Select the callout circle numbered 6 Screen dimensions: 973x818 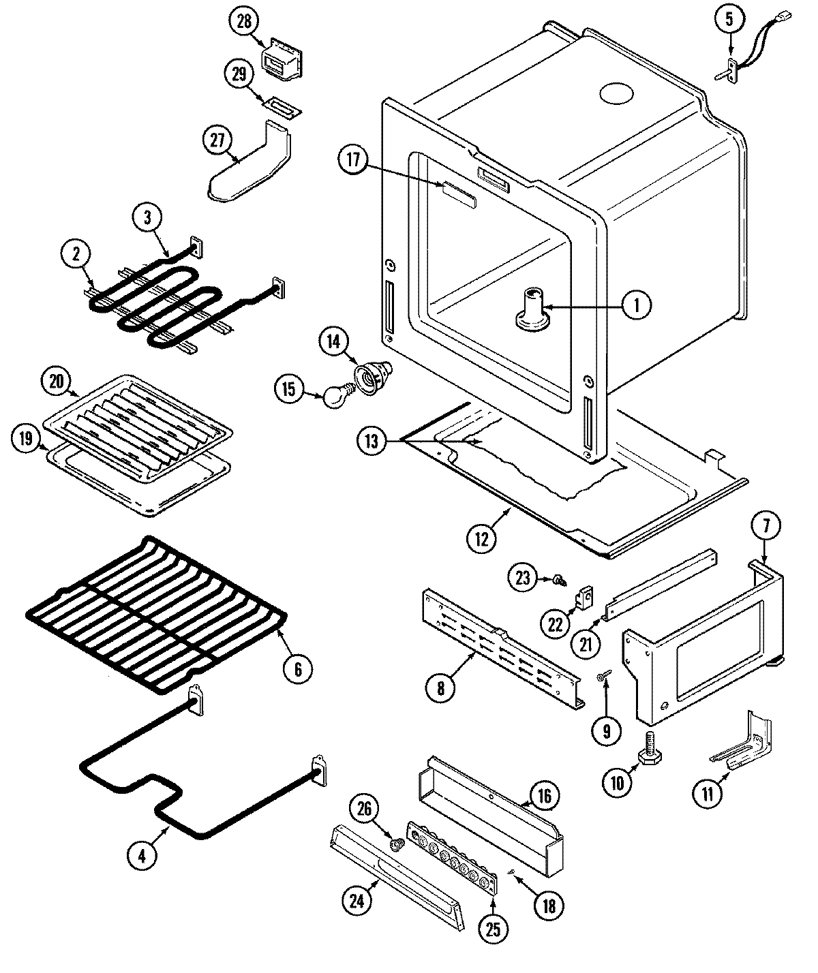tap(298, 668)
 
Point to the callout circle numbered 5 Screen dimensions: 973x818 tap(729, 20)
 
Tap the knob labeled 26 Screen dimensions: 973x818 tap(396, 845)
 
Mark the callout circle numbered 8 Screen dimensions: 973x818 tap(440, 688)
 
